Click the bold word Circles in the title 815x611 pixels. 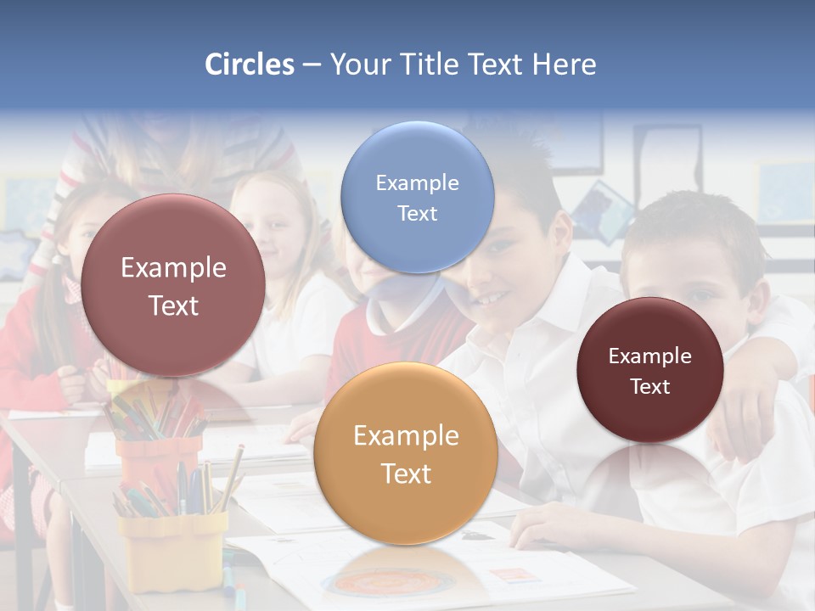(x=250, y=64)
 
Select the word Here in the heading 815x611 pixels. (x=564, y=64)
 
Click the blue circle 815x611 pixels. (x=417, y=197)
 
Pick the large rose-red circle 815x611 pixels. (x=173, y=285)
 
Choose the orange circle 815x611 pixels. (x=405, y=453)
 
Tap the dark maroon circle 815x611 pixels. (x=649, y=370)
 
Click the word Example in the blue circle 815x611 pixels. (x=417, y=182)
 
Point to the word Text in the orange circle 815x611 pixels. (x=406, y=474)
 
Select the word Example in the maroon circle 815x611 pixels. (x=649, y=356)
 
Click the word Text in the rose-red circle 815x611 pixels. (x=173, y=305)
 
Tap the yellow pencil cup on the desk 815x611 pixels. (x=173, y=547)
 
